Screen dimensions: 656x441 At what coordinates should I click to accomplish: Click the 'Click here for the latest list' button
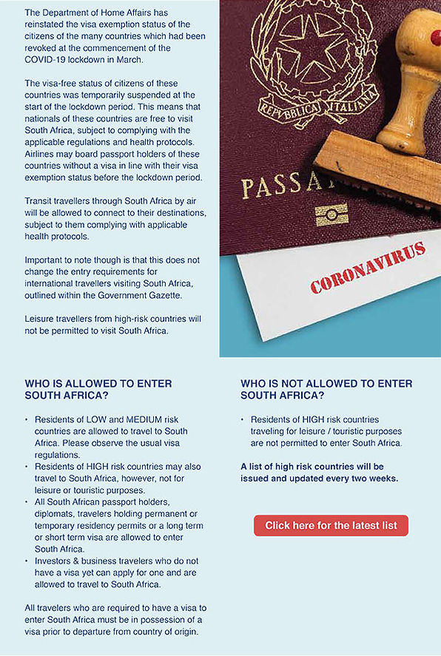click(x=331, y=525)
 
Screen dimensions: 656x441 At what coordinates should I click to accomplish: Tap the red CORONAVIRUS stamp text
click(x=368, y=267)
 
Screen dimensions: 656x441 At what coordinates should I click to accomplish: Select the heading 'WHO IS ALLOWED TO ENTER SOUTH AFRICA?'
click(x=98, y=390)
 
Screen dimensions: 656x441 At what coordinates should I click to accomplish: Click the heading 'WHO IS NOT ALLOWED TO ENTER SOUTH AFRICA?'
click(x=326, y=390)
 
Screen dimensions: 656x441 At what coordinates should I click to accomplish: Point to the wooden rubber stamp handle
click(x=417, y=81)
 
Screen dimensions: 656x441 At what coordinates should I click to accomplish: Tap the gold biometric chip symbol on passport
click(x=331, y=215)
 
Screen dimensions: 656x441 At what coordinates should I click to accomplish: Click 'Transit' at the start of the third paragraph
click(x=41, y=200)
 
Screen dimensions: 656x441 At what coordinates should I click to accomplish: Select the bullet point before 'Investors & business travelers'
click(x=27, y=572)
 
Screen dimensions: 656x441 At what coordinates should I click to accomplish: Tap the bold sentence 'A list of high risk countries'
click(x=312, y=467)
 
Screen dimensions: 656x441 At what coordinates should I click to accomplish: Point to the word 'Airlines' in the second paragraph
click(x=42, y=155)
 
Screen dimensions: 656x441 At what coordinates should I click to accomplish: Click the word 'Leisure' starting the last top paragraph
click(x=41, y=319)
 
